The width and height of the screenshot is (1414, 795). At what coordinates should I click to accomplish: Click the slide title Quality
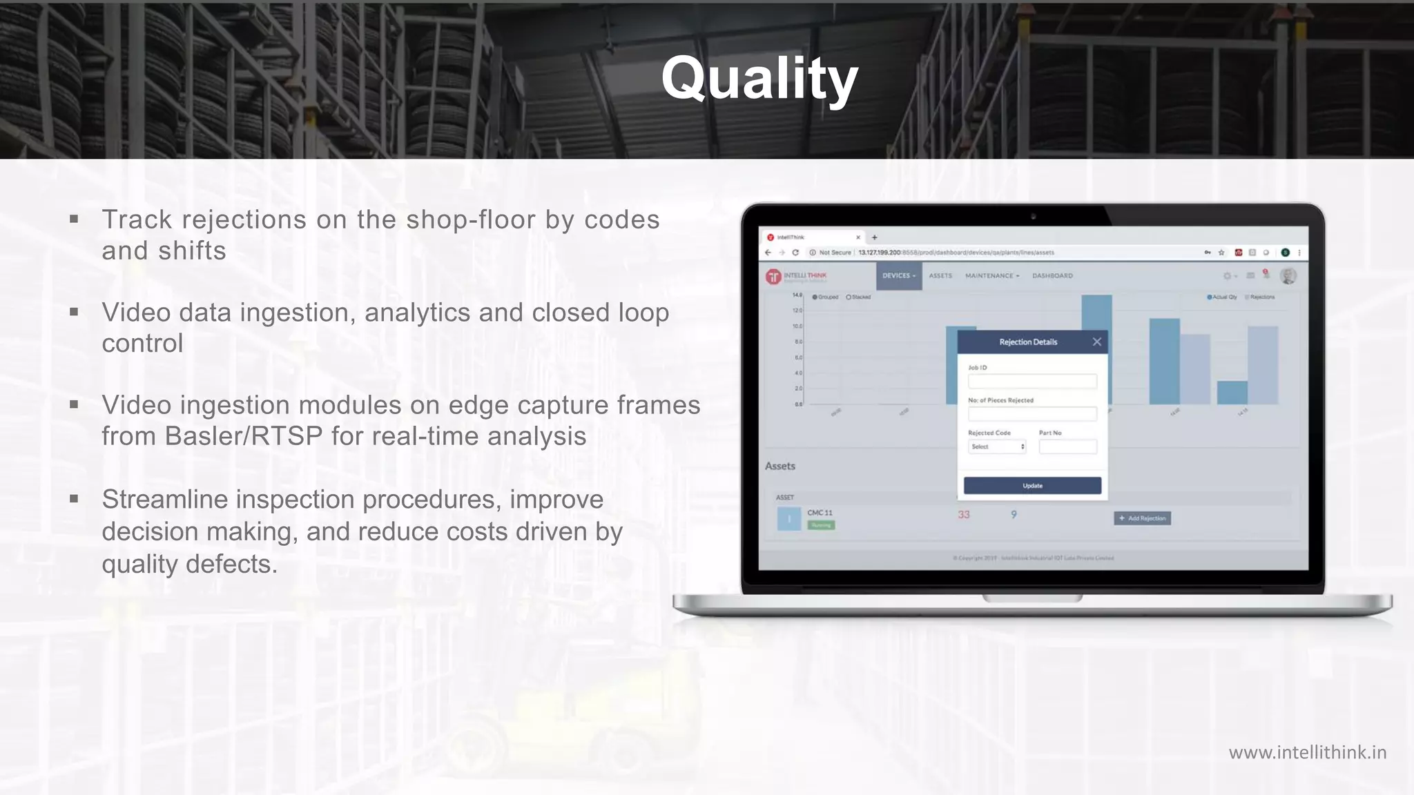[759, 79]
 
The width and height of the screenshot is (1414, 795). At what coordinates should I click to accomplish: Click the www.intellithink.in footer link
[1307, 752]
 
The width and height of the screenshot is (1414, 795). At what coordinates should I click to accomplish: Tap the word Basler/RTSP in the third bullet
[244, 436]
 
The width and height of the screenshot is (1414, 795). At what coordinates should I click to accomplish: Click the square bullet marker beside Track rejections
[74, 220]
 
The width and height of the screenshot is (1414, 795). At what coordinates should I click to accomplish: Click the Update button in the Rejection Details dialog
[1032, 486]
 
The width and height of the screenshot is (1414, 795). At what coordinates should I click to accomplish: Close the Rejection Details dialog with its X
[1096, 342]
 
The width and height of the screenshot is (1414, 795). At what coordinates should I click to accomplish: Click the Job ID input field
[1032, 381]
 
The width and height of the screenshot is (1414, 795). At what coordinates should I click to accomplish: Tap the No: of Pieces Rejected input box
[1032, 413]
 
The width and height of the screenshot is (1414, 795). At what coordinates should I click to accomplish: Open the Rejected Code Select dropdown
[997, 446]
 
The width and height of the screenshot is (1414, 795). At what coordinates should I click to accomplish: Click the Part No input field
[1067, 446]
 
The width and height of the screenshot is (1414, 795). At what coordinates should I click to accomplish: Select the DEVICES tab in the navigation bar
[899, 275]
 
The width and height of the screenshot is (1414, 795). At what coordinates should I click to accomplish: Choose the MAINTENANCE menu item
[991, 275]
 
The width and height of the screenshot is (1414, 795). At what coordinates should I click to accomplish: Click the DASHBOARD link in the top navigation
[1052, 275]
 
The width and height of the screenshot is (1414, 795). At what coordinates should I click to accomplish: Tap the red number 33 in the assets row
[964, 515]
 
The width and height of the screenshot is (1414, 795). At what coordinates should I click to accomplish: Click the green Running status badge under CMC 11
[821, 525]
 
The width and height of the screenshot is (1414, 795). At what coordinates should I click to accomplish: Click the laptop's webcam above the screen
[1033, 217]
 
